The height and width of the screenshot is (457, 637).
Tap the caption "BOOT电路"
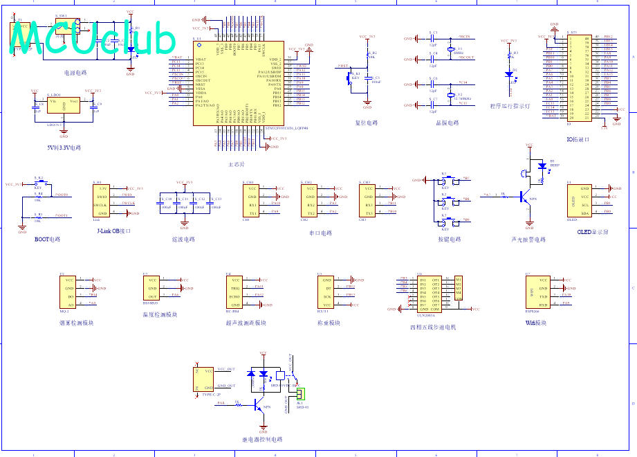[47, 239]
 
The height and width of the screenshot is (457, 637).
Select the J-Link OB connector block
[103, 201]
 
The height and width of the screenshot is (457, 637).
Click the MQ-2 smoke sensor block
[69, 292]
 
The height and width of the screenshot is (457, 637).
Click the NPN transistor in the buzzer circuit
[527, 197]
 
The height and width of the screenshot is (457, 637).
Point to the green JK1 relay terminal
[300, 394]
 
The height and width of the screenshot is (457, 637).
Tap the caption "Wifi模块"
[535, 323]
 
